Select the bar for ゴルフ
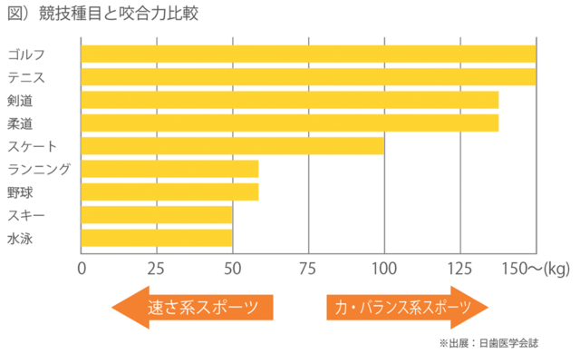click(308, 54)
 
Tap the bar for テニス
click(308, 76)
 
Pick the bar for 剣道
click(290, 100)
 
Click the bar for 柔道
click(290, 123)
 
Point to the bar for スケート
click(233, 145)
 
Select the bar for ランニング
click(169, 169)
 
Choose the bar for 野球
click(169, 192)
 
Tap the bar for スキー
click(157, 215)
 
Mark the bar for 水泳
click(157, 238)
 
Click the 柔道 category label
click(21, 123)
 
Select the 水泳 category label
click(21, 238)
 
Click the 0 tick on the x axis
click(82, 268)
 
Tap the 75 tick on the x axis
click(309, 268)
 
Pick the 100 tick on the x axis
click(384, 268)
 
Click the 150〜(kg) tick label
click(539, 268)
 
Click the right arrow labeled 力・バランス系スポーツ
click(407, 307)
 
